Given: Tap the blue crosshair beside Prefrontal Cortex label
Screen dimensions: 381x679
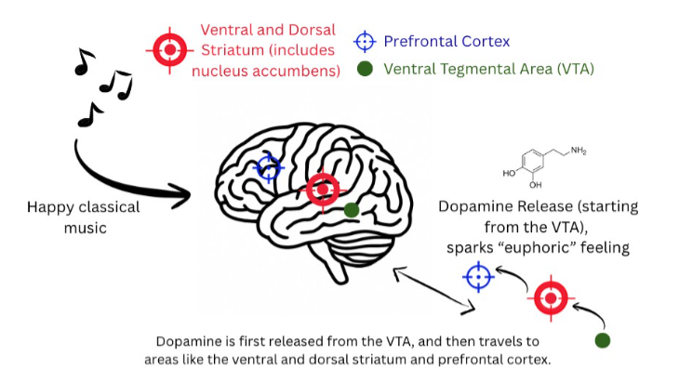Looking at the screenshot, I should click(x=366, y=41).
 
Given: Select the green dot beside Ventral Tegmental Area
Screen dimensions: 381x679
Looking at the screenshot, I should click(x=366, y=69).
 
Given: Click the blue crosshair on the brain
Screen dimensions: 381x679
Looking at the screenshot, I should click(x=269, y=167).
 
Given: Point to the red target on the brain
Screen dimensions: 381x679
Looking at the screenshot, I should click(x=322, y=190).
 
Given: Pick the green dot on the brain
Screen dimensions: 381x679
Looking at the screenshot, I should click(x=351, y=211).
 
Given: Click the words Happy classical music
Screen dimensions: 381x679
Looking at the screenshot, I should click(x=84, y=217).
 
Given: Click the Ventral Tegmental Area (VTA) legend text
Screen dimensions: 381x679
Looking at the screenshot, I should click(x=488, y=69).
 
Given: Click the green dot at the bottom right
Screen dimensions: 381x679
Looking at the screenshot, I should click(x=603, y=340).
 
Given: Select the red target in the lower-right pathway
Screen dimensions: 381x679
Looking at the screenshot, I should click(x=551, y=297).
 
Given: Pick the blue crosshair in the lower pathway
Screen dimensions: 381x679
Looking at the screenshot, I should click(x=478, y=277).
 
